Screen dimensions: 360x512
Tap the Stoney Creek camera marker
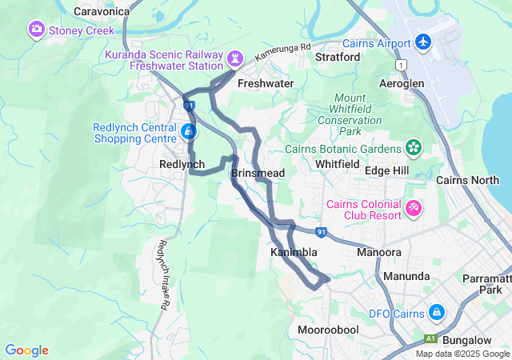(37, 30)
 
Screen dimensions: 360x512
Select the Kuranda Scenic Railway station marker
(234, 58)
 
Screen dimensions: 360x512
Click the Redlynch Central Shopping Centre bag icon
(189, 130)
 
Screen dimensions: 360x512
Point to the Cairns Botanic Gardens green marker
(413, 148)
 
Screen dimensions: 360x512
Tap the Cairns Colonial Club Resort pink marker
(414, 208)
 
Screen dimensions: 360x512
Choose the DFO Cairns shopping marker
(436, 312)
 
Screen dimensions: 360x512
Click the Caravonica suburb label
(101, 12)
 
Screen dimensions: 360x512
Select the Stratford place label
(338, 58)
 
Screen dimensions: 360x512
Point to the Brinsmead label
(258, 173)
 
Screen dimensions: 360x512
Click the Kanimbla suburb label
(294, 252)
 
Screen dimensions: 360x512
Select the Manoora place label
(378, 252)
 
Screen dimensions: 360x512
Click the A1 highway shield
(431, 339)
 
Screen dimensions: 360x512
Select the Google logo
(26, 350)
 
